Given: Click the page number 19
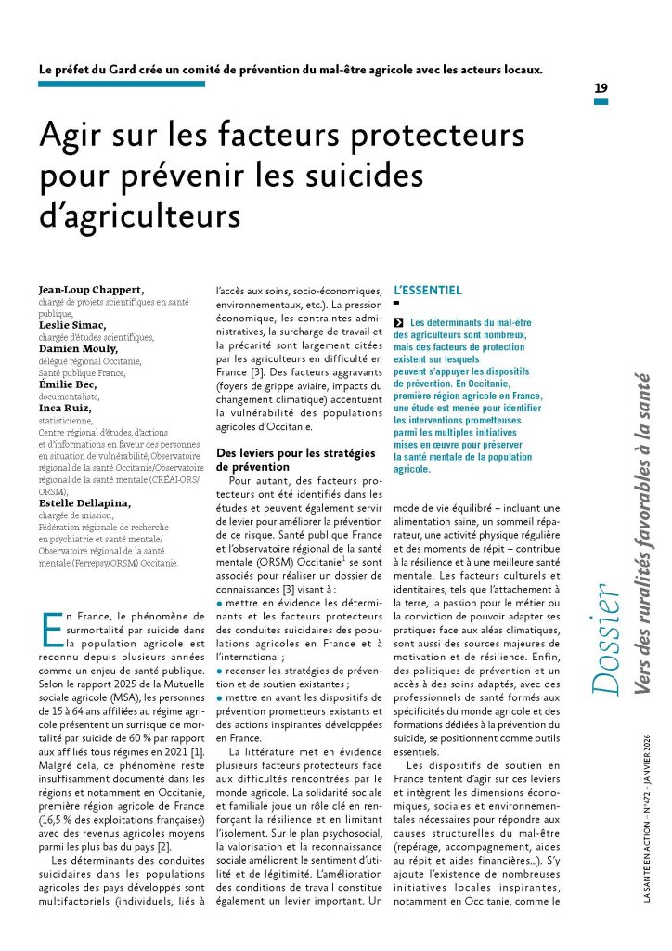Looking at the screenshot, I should [601, 87].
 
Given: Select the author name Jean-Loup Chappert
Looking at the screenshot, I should [91, 290].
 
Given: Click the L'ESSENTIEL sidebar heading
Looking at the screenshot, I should [428, 291].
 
